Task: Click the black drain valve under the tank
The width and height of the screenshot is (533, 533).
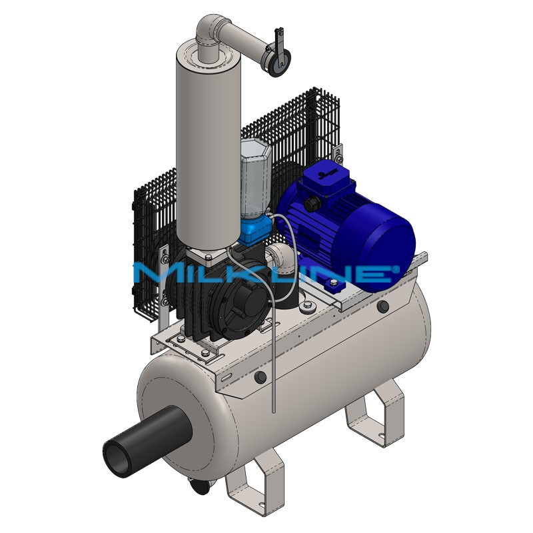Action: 199,490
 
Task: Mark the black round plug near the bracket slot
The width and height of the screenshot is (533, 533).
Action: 261,378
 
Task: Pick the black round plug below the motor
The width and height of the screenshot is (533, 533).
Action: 382,306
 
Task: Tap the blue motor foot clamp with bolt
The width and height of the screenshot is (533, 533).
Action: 333,286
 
